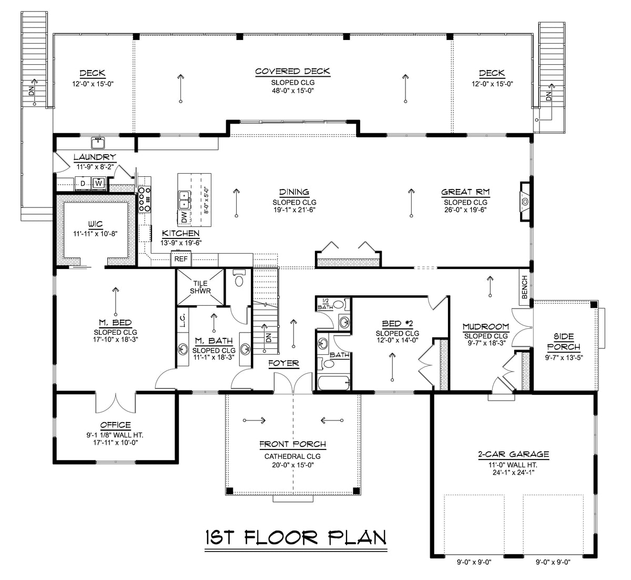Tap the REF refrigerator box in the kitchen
(x=181, y=259)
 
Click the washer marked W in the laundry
(x=98, y=183)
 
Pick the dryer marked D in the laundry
(x=83, y=183)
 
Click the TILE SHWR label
(x=199, y=287)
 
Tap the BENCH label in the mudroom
(x=524, y=287)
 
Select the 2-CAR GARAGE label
(x=506, y=454)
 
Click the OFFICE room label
(x=115, y=425)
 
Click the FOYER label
(x=283, y=363)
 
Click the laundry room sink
(x=98, y=142)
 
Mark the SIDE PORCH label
(x=563, y=342)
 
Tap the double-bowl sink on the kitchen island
(x=184, y=199)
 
